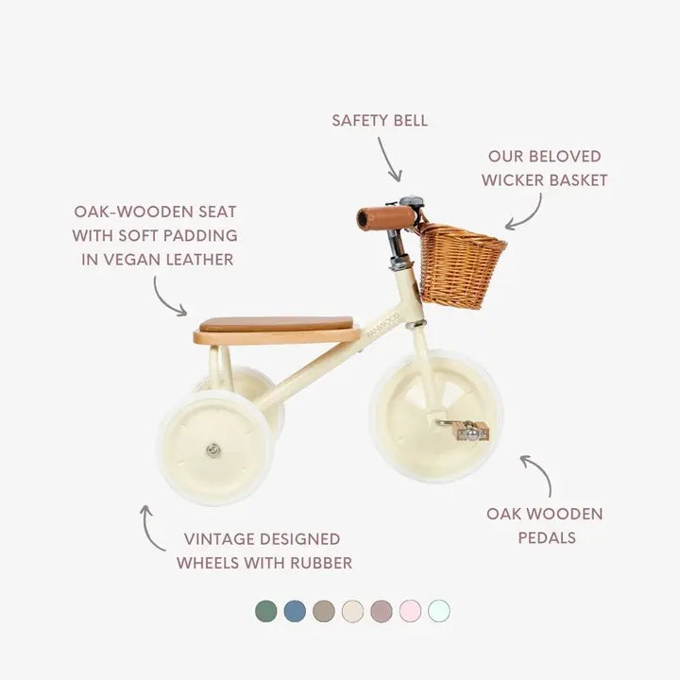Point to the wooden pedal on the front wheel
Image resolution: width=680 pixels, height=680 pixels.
pyautogui.click(x=470, y=432)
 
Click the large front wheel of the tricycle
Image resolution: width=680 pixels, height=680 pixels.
pyautogui.click(x=435, y=415)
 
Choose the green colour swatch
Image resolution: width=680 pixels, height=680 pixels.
pyautogui.click(x=266, y=611)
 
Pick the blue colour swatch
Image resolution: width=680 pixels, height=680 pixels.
pyautogui.click(x=295, y=611)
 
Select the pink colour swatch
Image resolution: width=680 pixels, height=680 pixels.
pyautogui.click(x=410, y=611)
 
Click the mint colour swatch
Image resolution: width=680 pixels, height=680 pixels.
pyautogui.click(x=438, y=611)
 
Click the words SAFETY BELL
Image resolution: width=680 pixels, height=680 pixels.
pyautogui.click(x=380, y=120)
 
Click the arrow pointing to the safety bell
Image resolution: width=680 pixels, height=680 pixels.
pyautogui.click(x=390, y=159)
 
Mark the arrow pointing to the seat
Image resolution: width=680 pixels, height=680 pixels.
pyautogui.click(x=169, y=297)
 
